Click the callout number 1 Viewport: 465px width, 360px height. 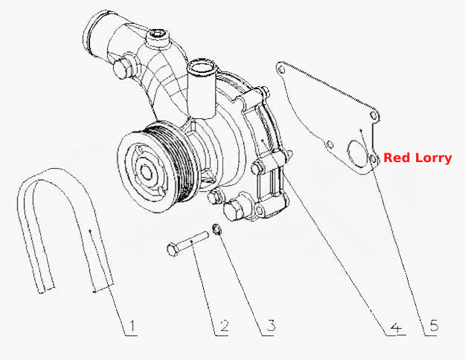pyautogui.click(x=132, y=327)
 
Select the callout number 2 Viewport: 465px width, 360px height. pyautogui.click(x=225, y=327)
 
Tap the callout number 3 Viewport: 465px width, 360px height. pyautogui.click(x=271, y=326)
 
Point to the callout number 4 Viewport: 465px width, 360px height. pyautogui.click(x=397, y=327)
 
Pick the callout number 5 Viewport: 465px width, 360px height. pyautogui.click(x=434, y=326)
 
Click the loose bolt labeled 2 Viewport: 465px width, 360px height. pyautogui.click(x=187, y=243)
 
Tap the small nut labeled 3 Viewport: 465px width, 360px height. pyautogui.click(x=217, y=230)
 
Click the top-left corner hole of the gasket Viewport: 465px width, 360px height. pyautogui.click(x=281, y=70)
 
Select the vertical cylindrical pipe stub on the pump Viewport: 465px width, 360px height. pyautogui.click(x=202, y=89)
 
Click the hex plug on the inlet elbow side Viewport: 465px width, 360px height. pyautogui.click(x=123, y=68)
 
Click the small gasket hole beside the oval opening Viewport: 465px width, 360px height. pyautogui.click(x=330, y=145)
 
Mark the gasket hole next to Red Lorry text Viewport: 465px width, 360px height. pyautogui.click(x=373, y=159)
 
